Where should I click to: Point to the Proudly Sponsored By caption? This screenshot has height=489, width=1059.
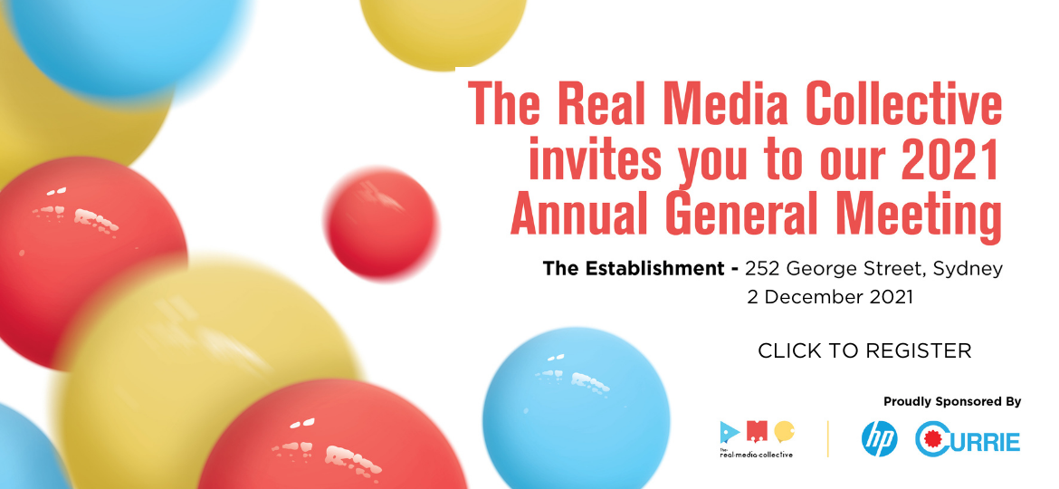tap(952, 402)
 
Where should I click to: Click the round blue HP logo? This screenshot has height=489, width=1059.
tap(880, 440)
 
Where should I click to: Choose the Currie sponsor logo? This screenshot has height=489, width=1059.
tap(968, 439)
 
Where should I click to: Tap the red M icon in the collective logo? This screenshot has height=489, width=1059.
tap(758, 429)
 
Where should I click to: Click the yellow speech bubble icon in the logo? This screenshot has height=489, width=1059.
tap(784, 431)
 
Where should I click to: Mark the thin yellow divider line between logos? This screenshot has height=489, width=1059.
tap(827, 439)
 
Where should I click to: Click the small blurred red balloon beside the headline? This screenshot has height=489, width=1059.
tap(382, 225)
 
